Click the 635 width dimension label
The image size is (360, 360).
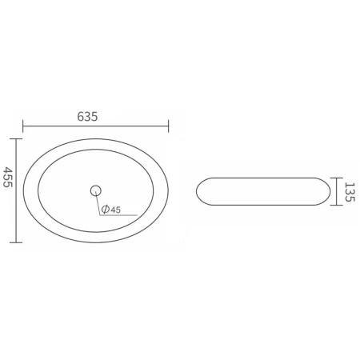(x=87, y=117)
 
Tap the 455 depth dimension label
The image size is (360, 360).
(x=8, y=177)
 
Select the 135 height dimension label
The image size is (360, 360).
(x=350, y=192)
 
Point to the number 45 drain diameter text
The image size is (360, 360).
(x=115, y=210)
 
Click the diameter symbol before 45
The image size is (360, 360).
(x=106, y=209)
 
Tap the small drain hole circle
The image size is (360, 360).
(x=96, y=190)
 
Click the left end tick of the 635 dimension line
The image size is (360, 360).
(x=23, y=126)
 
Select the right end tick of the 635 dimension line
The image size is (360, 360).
(x=168, y=126)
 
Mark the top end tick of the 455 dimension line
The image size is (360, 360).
(x=16, y=139)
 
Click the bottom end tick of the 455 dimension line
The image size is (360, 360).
(x=16, y=242)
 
